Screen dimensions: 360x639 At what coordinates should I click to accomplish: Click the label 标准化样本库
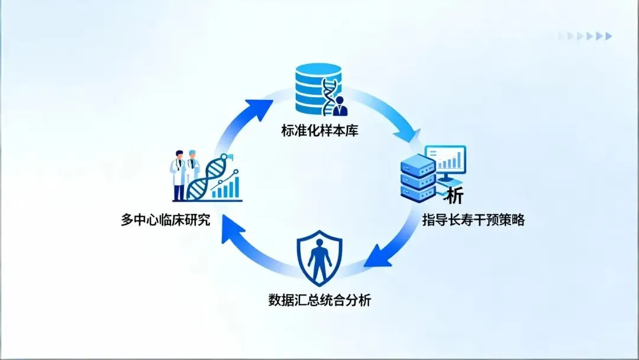click(x=319, y=130)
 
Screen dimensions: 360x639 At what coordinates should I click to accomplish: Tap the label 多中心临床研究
click(x=165, y=221)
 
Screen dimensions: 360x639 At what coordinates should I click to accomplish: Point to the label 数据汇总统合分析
click(x=319, y=300)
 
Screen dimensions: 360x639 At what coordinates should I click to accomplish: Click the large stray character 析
click(x=454, y=195)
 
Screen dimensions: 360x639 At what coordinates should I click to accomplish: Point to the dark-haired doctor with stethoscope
click(x=177, y=172)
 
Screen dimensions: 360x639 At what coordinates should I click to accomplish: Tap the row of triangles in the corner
click(x=585, y=36)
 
